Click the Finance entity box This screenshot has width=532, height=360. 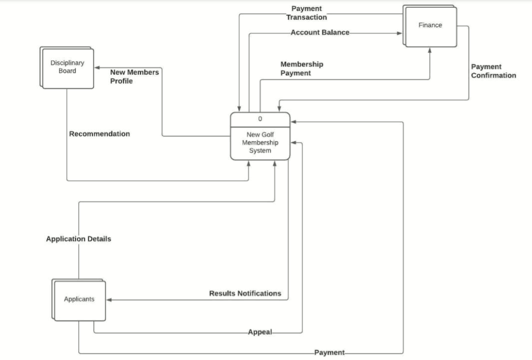click(430, 27)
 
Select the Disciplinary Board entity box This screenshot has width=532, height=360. click(67, 68)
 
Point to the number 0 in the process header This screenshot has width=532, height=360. click(260, 119)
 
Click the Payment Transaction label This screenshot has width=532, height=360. click(306, 13)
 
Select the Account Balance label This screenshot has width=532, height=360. click(319, 33)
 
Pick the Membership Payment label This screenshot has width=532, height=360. click(302, 69)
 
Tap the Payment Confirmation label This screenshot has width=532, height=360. click(493, 71)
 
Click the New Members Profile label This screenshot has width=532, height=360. click(134, 77)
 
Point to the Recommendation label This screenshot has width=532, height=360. click(99, 134)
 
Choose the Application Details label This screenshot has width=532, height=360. click(78, 239)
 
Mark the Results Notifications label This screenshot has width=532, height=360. click(245, 294)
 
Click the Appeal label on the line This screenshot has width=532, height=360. click(260, 332)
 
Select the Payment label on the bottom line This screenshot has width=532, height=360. click(329, 353)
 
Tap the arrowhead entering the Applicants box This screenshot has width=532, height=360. click(109, 300)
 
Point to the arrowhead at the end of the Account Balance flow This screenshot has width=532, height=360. click(400, 33)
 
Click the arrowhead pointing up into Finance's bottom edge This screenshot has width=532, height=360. click(429, 50)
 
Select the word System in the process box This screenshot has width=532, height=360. click(260, 151)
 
